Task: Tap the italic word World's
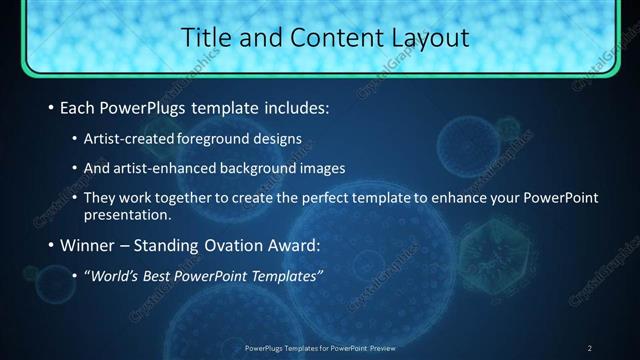point(111,275)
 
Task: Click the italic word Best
point(157,275)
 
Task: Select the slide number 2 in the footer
point(590,348)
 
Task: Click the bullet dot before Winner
point(51,245)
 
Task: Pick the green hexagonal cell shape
point(492,248)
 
